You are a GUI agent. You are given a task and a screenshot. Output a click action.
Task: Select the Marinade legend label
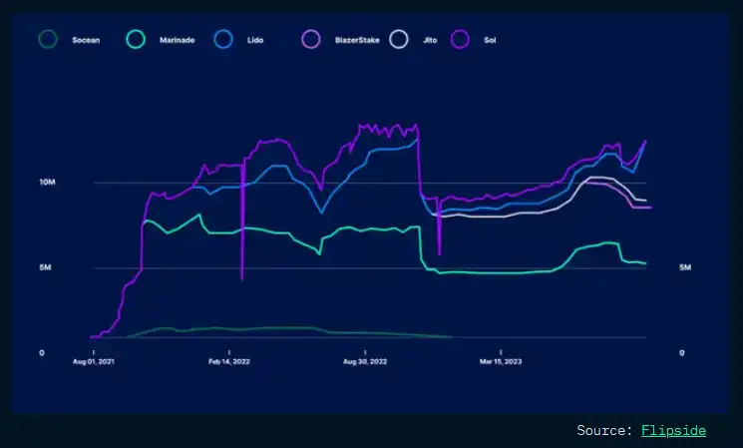pos(176,40)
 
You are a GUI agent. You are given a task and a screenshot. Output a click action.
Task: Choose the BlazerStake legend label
pos(357,40)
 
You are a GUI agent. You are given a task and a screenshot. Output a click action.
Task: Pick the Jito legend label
pos(431,40)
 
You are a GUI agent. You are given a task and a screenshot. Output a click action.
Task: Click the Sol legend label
pos(491,40)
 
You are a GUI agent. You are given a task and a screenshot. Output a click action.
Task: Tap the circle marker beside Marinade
pos(138,40)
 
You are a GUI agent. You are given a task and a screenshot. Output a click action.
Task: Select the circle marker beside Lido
pos(224,40)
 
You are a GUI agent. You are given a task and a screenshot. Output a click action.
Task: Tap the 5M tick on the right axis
pos(685,268)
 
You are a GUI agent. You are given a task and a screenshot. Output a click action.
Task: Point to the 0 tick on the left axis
pos(41,353)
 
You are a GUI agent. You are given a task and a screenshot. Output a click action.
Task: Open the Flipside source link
pos(673,430)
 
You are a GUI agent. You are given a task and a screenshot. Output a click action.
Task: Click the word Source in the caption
pos(602,430)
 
